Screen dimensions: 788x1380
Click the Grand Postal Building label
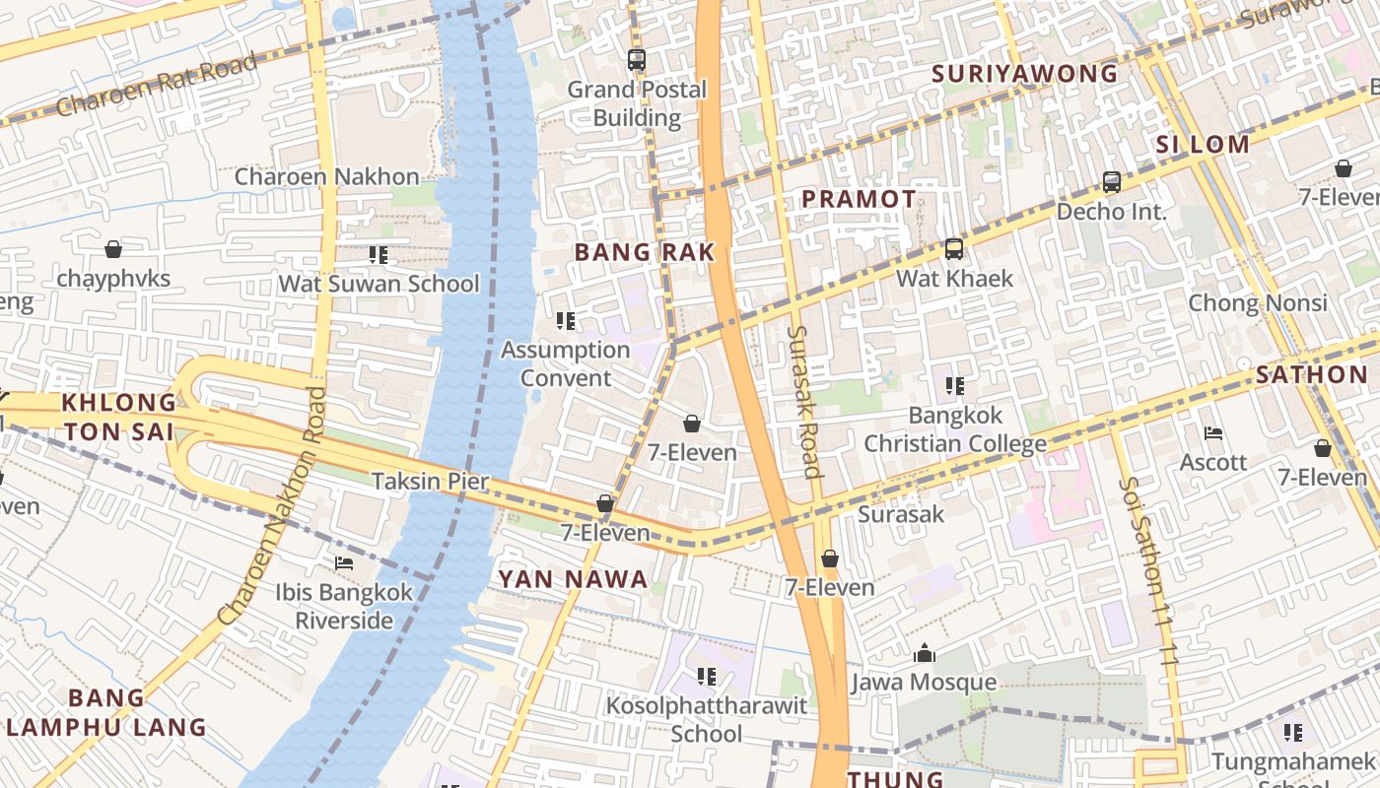637,103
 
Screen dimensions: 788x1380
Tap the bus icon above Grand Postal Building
637,59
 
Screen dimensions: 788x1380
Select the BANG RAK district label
645,252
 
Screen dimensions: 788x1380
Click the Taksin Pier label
430,482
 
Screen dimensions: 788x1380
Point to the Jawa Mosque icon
924,653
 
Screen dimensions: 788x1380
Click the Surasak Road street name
804,401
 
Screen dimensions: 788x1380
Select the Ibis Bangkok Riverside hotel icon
344,563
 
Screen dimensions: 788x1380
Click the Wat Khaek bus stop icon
953,249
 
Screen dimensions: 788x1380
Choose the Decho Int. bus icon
1111,182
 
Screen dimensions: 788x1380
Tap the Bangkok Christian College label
954,429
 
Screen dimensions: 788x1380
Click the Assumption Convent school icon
565,321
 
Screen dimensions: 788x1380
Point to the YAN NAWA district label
573,579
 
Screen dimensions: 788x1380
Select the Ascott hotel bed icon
1213,433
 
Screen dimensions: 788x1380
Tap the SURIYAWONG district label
1024,74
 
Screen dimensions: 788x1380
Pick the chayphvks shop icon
113,250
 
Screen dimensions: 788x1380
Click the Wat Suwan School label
379,285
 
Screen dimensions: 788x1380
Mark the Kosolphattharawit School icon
706,677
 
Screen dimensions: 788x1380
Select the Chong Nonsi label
1258,302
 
